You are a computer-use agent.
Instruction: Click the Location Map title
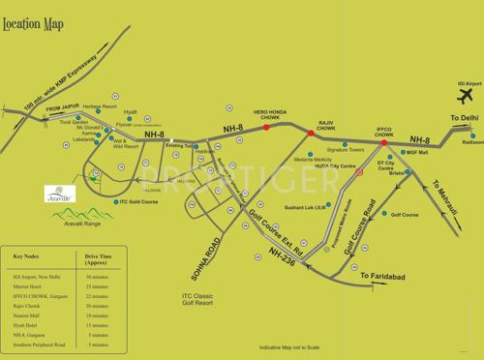tap(36, 22)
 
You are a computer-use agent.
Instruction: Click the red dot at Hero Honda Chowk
tap(266, 127)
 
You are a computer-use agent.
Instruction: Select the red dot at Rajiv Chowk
tap(311, 135)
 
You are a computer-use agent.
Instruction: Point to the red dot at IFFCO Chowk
tap(383, 143)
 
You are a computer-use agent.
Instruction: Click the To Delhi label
tap(465, 117)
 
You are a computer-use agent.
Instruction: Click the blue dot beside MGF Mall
tap(400, 153)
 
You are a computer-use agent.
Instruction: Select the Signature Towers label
tap(345, 150)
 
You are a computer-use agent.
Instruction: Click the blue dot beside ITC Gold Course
tap(112, 202)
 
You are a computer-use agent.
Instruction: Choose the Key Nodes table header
tap(30, 256)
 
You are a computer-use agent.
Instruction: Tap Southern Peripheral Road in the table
tap(40, 344)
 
